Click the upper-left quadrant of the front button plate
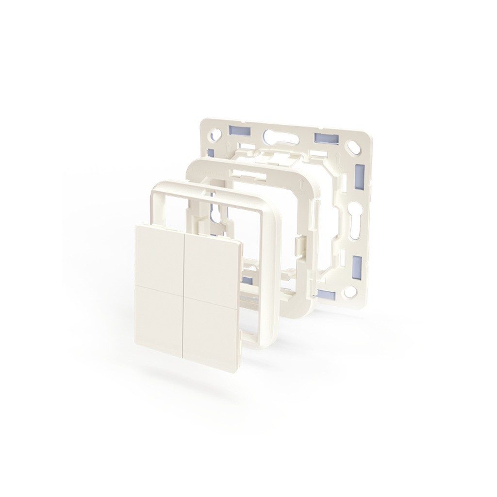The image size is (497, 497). (159, 254)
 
